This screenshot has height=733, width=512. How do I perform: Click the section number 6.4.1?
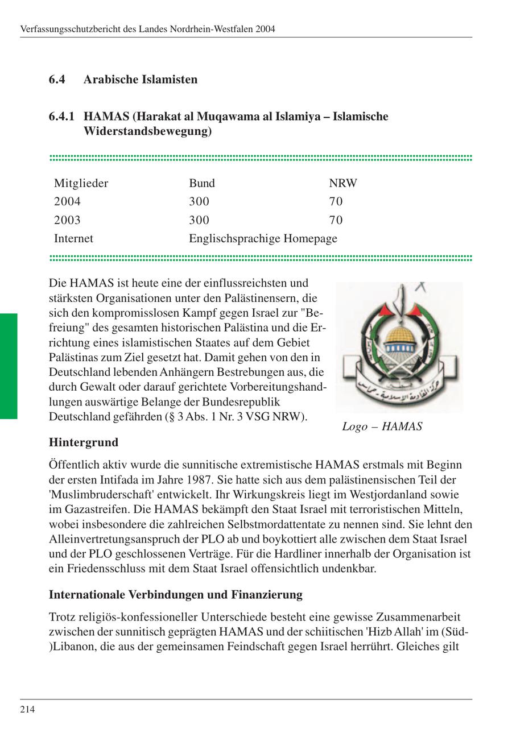[61, 117]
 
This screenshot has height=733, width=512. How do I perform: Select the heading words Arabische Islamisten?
[140, 80]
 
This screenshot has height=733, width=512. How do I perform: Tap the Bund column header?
[201, 183]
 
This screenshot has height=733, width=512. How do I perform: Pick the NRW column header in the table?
[342, 183]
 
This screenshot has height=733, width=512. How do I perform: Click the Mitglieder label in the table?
[81, 183]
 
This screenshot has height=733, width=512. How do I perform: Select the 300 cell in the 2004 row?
[199, 201]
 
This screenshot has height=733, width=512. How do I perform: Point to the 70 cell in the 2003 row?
[336, 220]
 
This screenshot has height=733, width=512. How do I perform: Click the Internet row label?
[73, 238]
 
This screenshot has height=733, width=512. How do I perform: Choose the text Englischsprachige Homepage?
[263, 238]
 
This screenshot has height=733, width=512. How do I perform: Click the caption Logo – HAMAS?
[382, 426]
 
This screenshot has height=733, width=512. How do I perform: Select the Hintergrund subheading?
[84, 442]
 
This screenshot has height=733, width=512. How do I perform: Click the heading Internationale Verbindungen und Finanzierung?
[175, 595]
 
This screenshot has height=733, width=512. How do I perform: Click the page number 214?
[27, 709]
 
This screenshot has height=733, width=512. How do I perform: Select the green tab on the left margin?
[9, 366]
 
